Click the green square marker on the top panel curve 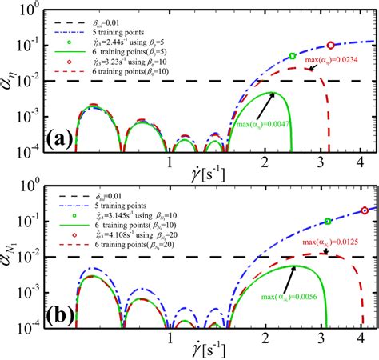pyautogui.click(x=292, y=56)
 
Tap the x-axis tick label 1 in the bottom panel pyautogui.click(x=170, y=338)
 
